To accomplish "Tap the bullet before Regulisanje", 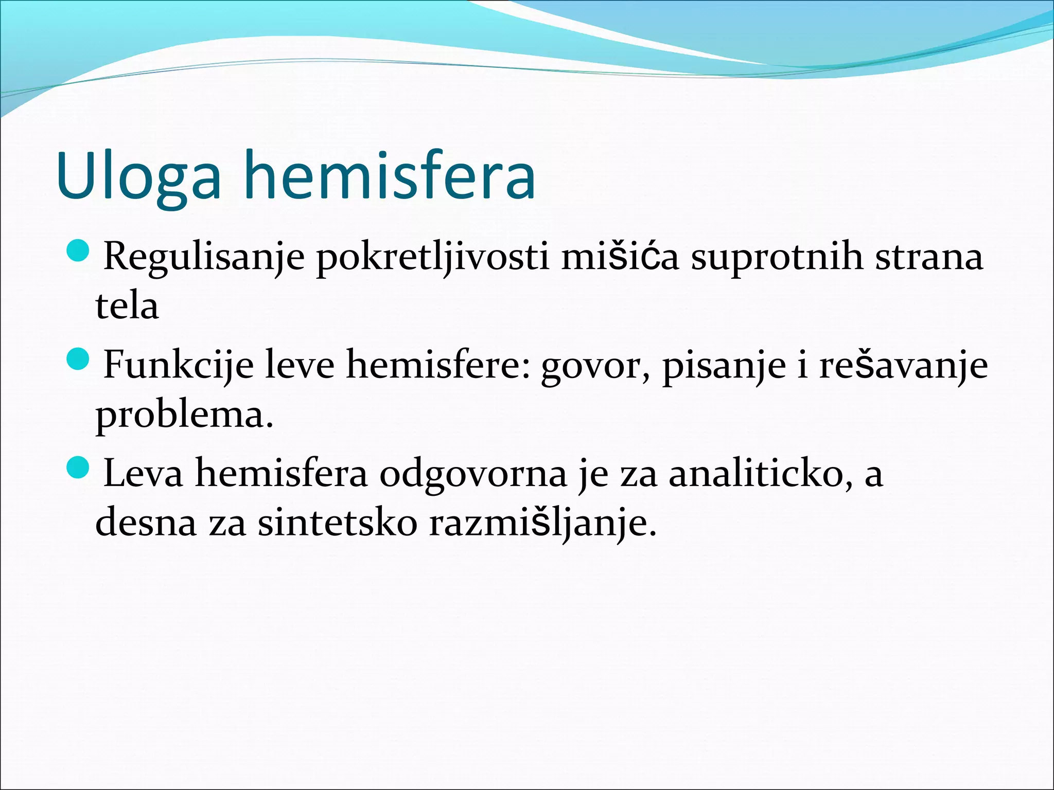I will [79, 250].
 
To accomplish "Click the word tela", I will [127, 306].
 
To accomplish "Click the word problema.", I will [184, 416].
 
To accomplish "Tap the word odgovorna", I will [473, 474].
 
